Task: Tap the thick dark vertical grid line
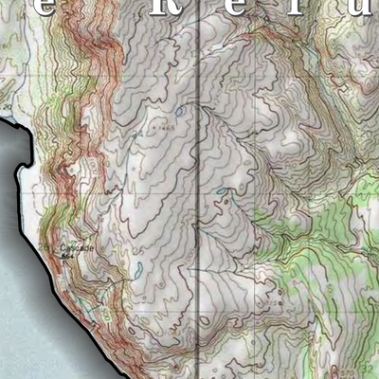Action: [x=197, y=189]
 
